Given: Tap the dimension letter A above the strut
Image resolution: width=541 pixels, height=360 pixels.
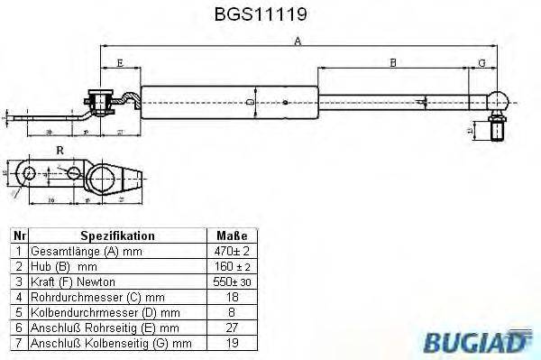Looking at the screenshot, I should point(298,41).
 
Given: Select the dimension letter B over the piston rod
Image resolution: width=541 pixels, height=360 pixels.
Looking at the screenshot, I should point(393,62).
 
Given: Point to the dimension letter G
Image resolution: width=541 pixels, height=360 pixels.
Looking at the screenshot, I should point(481,62).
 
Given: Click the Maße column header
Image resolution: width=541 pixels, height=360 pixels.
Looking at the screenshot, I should point(232,235).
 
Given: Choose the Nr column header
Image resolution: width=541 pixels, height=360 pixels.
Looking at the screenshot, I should point(17,235).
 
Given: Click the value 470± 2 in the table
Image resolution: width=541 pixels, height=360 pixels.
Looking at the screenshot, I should point(232,251).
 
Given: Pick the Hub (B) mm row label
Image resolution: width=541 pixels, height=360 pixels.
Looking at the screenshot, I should point(62,266).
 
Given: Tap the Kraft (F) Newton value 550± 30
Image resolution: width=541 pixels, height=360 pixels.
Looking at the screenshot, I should point(232,282).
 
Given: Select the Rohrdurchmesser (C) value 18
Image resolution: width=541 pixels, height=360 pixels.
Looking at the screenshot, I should point(232,297).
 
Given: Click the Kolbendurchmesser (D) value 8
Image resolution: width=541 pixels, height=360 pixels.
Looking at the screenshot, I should point(232,312).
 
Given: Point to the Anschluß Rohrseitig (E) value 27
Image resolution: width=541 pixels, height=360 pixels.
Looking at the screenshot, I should point(232,328).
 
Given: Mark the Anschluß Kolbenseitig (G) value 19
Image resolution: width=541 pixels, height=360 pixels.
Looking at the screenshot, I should point(232,343).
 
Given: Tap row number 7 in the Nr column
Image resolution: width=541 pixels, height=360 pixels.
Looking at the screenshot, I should point(17,343).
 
